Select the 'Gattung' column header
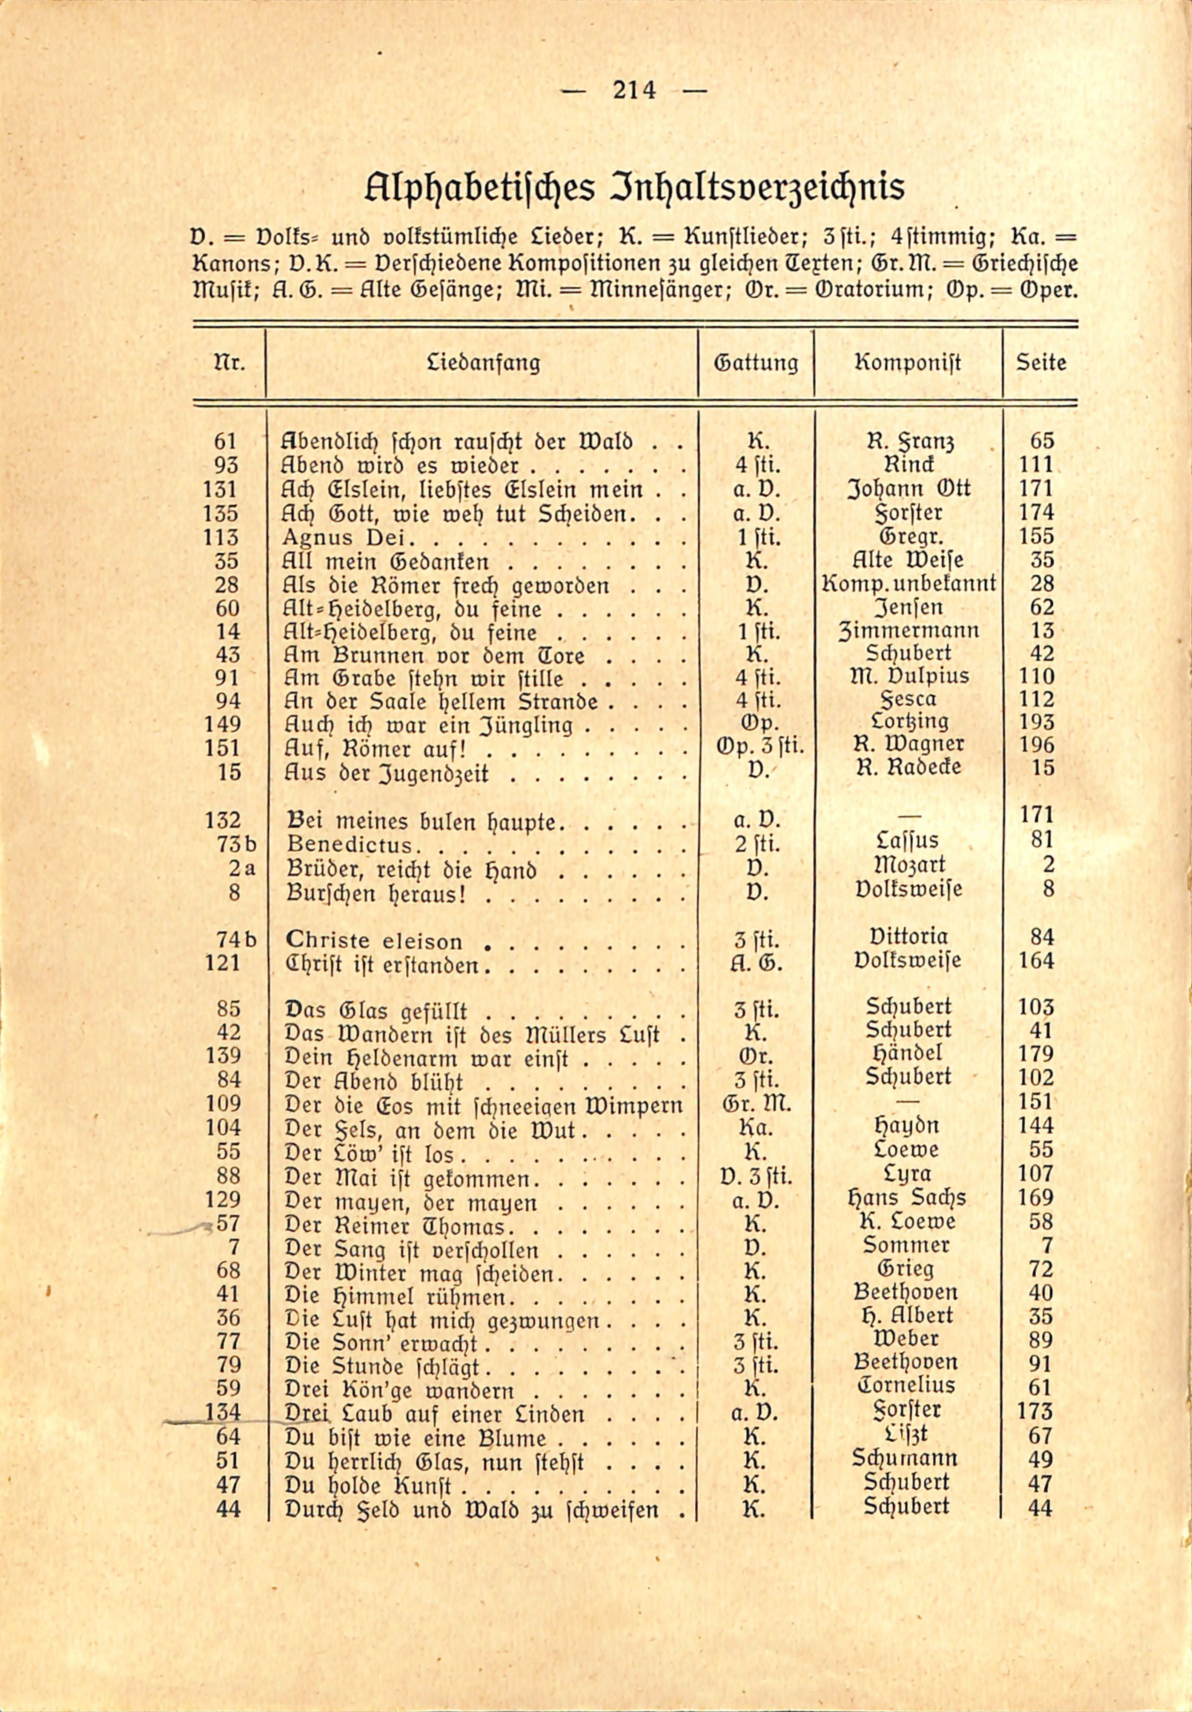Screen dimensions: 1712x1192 [x=756, y=363]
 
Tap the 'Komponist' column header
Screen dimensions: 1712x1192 [x=908, y=363]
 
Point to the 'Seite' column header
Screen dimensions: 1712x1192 [x=1041, y=363]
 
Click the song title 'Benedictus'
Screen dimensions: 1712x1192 [x=349, y=846]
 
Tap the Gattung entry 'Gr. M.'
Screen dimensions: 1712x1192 [x=756, y=1102]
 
